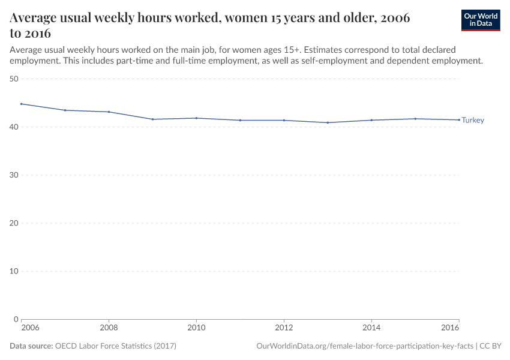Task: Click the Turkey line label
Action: pyautogui.click(x=473, y=121)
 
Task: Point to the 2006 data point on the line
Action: pyautogui.click(x=21, y=104)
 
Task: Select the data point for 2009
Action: pyautogui.click(x=152, y=119)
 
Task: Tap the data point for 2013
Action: pyautogui.click(x=328, y=122)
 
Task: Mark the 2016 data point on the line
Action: pyautogui.click(x=459, y=120)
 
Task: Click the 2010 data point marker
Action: pyautogui.click(x=196, y=118)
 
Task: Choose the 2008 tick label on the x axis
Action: pyautogui.click(x=109, y=328)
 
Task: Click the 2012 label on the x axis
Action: pyautogui.click(x=284, y=328)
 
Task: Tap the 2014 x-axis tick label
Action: pyautogui.click(x=371, y=328)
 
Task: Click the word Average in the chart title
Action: pyautogui.click(x=33, y=19)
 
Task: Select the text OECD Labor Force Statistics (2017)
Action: pyautogui.click(x=115, y=346)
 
